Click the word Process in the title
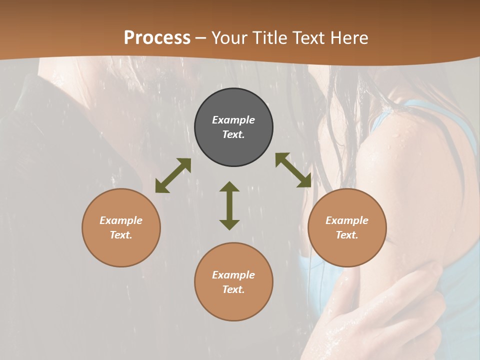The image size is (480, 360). tap(157, 38)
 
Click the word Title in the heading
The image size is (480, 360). tap(271, 38)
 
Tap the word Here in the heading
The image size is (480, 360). tap(348, 38)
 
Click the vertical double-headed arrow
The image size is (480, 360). tap(229, 205)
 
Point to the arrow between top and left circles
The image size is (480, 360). tap(173, 175)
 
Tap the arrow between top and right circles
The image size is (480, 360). tap(293, 170)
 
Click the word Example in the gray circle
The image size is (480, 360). tap(233, 120)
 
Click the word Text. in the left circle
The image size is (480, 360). tap(121, 235)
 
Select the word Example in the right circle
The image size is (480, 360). tap(347, 220)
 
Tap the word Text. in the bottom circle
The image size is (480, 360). tap(233, 289)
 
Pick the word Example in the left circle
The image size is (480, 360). tap(121, 220)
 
